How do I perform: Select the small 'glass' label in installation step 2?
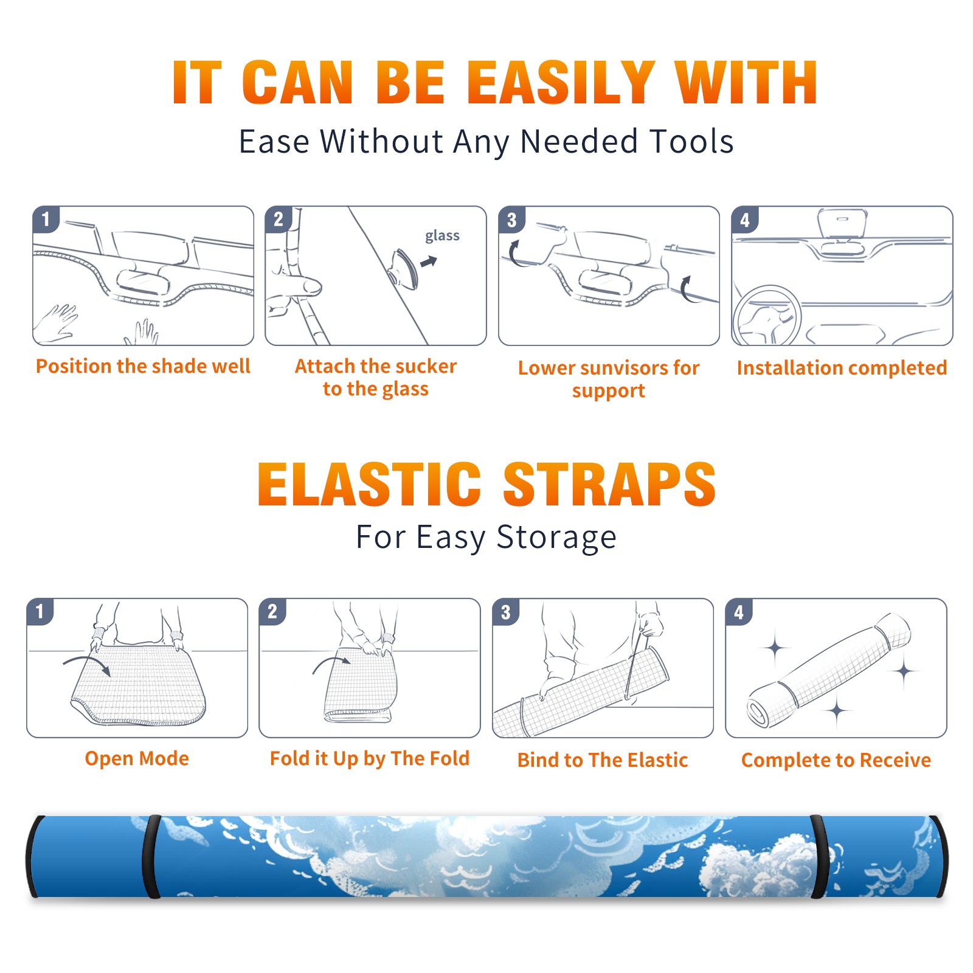pyautogui.click(x=442, y=236)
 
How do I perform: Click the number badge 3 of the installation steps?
pyautogui.click(x=512, y=220)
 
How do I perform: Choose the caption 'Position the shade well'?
pyautogui.click(x=143, y=366)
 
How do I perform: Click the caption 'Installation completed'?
pyautogui.click(x=842, y=368)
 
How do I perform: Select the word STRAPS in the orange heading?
pyautogui.click(x=609, y=484)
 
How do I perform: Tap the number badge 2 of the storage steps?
pyautogui.click(x=272, y=612)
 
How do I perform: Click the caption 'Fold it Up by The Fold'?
pyautogui.click(x=370, y=759)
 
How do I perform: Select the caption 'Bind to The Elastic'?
pyautogui.click(x=603, y=760)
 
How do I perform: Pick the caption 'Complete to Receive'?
pyautogui.click(x=836, y=760)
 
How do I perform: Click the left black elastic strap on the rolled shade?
pyautogui.click(x=151, y=856)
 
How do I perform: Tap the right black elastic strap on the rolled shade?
pyautogui.click(x=819, y=856)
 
